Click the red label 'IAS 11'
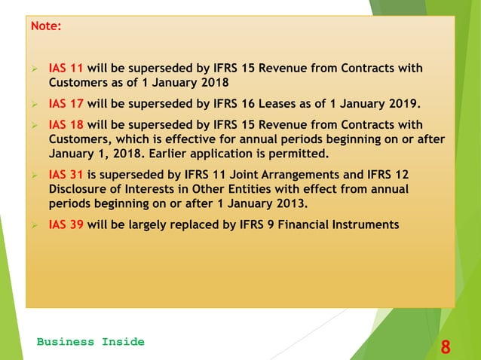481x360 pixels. tap(66, 69)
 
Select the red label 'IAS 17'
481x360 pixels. tap(66, 103)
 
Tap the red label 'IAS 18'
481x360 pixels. tap(66, 124)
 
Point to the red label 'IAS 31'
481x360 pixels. tap(66, 174)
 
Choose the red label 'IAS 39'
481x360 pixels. tap(66, 224)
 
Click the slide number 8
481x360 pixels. tap(446, 347)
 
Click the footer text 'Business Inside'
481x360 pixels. tap(90, 342)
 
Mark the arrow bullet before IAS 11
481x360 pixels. tap(35, 69)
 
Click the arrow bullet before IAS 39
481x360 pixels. tap(35, 224)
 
